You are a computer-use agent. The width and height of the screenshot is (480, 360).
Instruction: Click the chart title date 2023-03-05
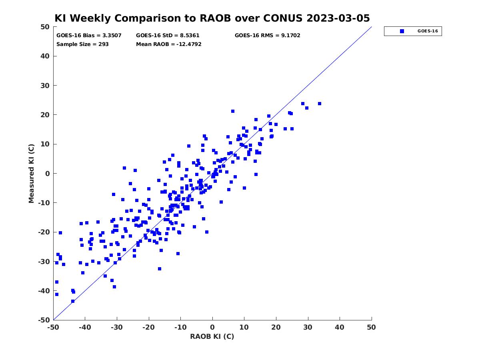click(x=338, y=18)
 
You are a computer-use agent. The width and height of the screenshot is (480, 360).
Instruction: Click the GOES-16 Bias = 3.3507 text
click(x=89, y=36)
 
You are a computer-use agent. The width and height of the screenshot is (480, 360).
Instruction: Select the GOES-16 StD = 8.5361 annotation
click(x=168, y=36)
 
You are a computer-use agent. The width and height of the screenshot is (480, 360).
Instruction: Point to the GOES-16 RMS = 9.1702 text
click(x=267, y=36)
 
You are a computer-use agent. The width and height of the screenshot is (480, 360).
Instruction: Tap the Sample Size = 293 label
click(x=82, y=44)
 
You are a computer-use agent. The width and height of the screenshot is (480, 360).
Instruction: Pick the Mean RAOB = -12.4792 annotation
click(x=169, y=44)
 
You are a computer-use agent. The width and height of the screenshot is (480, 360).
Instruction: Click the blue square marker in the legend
click(x=402, y=31)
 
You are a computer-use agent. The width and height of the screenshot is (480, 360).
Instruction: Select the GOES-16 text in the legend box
click(x=428, y=31)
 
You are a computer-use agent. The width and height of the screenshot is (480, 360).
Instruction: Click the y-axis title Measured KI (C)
click(x=31, y=173)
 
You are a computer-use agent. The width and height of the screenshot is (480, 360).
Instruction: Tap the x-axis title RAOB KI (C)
click(x=212, y=336)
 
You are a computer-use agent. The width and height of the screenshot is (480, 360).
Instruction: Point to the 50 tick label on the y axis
click(x=45, y=27)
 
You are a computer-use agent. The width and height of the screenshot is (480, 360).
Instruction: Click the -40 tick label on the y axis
click(x=44, y=291)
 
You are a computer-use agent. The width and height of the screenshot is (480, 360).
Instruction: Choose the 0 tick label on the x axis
click(x=212, y=327)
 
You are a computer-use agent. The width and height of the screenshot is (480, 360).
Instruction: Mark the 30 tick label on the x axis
click(x=308, y=327)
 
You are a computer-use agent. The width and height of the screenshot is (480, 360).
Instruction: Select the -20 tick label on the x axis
click(x=148, y=327)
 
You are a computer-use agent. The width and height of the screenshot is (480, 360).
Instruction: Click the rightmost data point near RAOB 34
click(x=320, y=104)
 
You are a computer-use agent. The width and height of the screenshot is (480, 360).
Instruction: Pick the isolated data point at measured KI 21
click(x=233, y=111)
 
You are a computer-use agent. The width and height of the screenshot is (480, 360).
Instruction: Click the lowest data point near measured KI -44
click(x=73, y=301)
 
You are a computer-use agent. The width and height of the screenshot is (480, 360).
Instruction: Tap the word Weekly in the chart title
click(x=92, y=18)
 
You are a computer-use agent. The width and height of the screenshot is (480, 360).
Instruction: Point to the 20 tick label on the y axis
click(x=45, y=115)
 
